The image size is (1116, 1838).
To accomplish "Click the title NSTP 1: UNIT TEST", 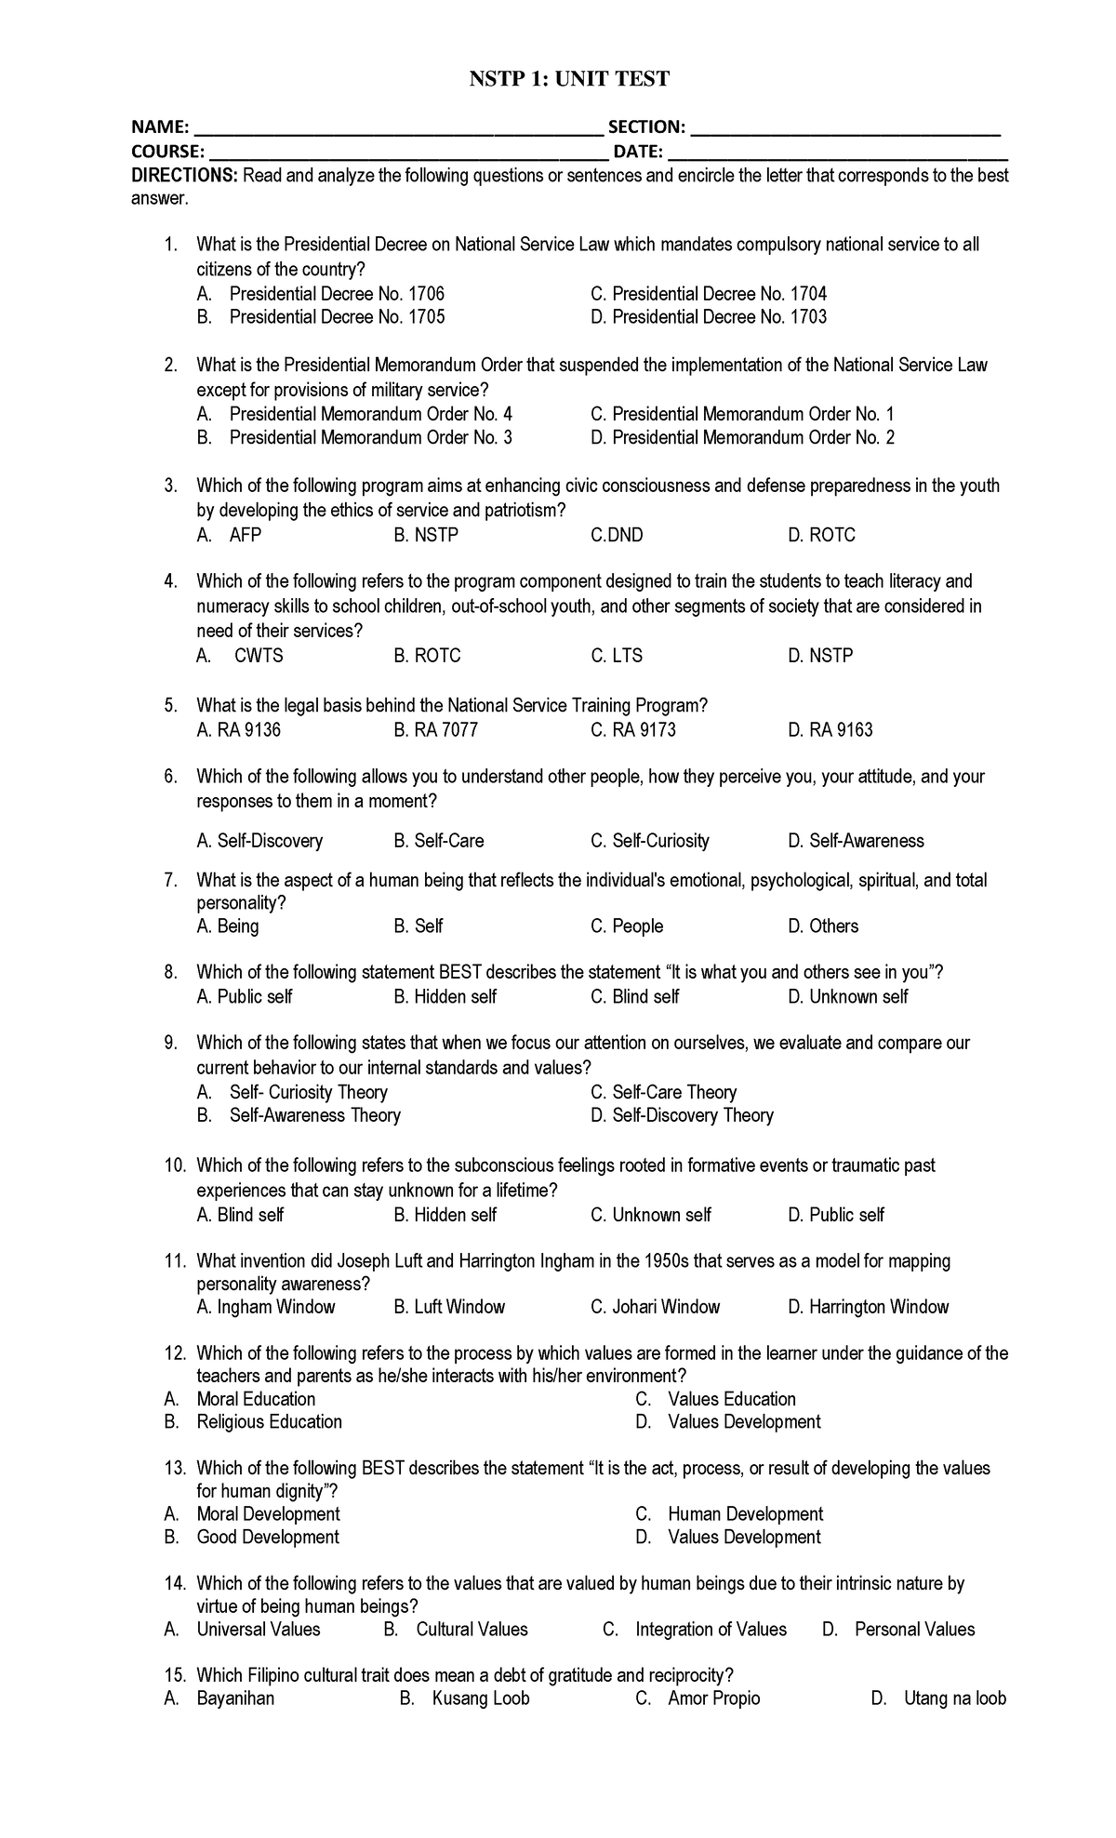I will (x=568, y=79).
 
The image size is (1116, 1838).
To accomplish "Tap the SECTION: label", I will (x=646, y=127).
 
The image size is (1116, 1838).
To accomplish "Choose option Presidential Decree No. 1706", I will (x=337, y=294).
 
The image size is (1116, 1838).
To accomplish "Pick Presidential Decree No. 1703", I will (x=719, y=317).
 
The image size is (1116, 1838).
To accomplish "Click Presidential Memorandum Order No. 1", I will (x=752, y=414).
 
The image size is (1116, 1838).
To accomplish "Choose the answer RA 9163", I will (x=830, y=730).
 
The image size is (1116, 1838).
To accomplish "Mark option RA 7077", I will (x=435, y=730).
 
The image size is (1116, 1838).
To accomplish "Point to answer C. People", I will (x=627, y=926).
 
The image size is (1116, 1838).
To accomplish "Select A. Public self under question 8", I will (x=245, y=997).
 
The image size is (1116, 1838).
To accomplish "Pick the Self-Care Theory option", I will (x=674, y=1092).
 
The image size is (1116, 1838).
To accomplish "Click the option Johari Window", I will (x=656, y=1307).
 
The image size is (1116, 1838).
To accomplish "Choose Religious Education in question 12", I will (x=269, y=1421).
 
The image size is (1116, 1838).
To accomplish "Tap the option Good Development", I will (x=268, y=1537).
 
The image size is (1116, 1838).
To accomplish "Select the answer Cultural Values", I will (x=472, y=1629).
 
